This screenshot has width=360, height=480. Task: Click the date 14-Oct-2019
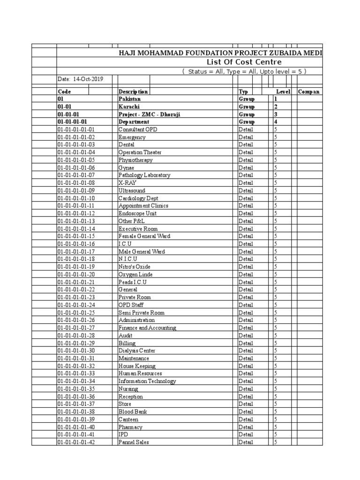[x=80, y=79]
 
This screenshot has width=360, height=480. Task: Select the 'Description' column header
[x=133, y=92]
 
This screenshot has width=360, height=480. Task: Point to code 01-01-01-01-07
[x=76, y=175]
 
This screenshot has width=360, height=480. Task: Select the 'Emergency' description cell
[x=132, y=137]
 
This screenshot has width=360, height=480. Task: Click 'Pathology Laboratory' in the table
[x=144, y=175]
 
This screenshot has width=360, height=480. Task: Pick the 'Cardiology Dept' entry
[x=138, y=198]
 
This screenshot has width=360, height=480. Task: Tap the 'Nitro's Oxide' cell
[x=135, y=267]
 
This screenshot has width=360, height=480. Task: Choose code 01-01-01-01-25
[x=76, y=313]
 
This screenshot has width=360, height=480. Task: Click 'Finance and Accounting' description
[x=147, y=328]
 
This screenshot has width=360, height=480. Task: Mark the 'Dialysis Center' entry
[x=137, y=351]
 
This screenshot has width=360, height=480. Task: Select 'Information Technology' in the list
[x=147, y=381]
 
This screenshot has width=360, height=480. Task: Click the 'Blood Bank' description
[x=133, y=412]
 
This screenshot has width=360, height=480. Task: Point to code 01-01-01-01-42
[x=76, y=442]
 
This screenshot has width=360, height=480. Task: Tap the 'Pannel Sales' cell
[x=134, y=442]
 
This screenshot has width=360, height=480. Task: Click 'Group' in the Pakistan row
[x=247, y=99]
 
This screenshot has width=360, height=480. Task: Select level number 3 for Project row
[x=276, y=114]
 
